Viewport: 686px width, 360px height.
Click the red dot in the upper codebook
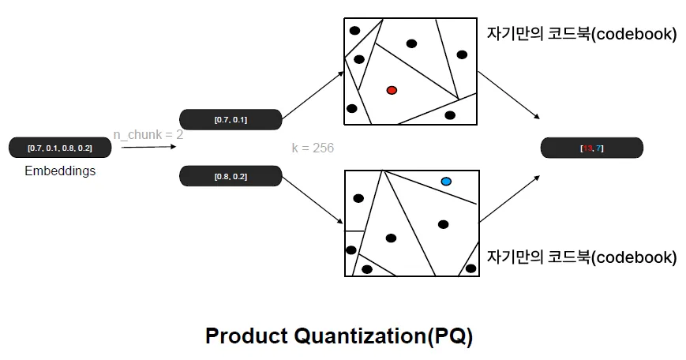point(392,90)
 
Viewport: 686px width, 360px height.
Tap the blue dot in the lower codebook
point(446,182)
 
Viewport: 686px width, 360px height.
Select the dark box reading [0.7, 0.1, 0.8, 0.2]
point(59,148)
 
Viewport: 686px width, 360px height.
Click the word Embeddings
point(60,171)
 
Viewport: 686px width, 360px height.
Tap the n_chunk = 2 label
point(148,134)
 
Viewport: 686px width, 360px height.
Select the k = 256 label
point(313,148)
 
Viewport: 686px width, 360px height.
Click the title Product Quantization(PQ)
point(339,336)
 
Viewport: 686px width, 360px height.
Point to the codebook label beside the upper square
point(582,35)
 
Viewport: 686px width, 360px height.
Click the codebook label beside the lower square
point(582,257)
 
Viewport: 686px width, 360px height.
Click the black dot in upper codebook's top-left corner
point(355,30)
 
